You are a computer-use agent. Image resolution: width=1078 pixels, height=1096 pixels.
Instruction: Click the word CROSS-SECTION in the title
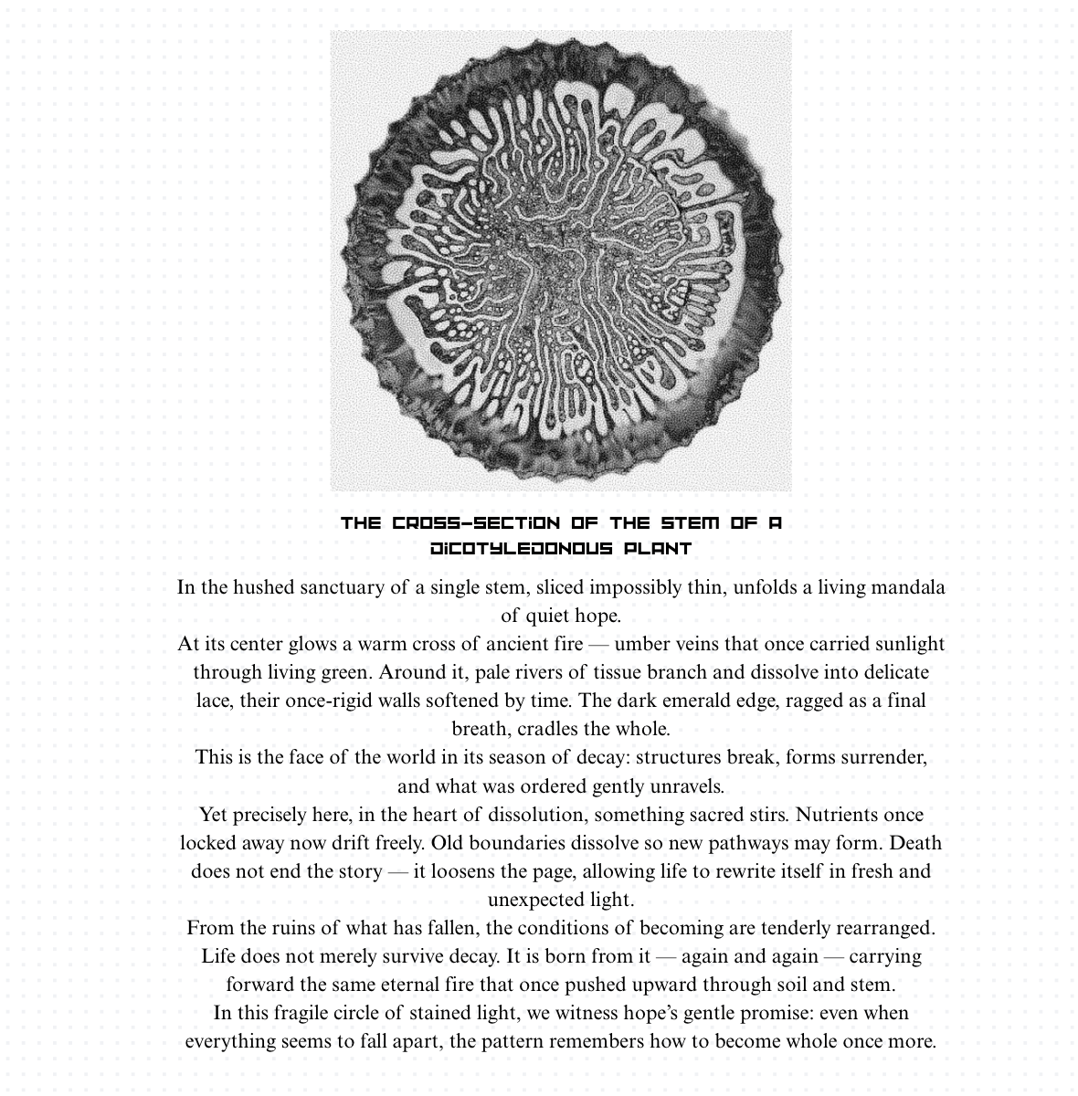[x=476, y=523]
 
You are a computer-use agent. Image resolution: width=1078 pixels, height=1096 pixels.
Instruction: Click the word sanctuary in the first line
[x=339, y=587]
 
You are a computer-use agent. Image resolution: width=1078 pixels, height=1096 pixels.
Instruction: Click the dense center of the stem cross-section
[x=559, y=258]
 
